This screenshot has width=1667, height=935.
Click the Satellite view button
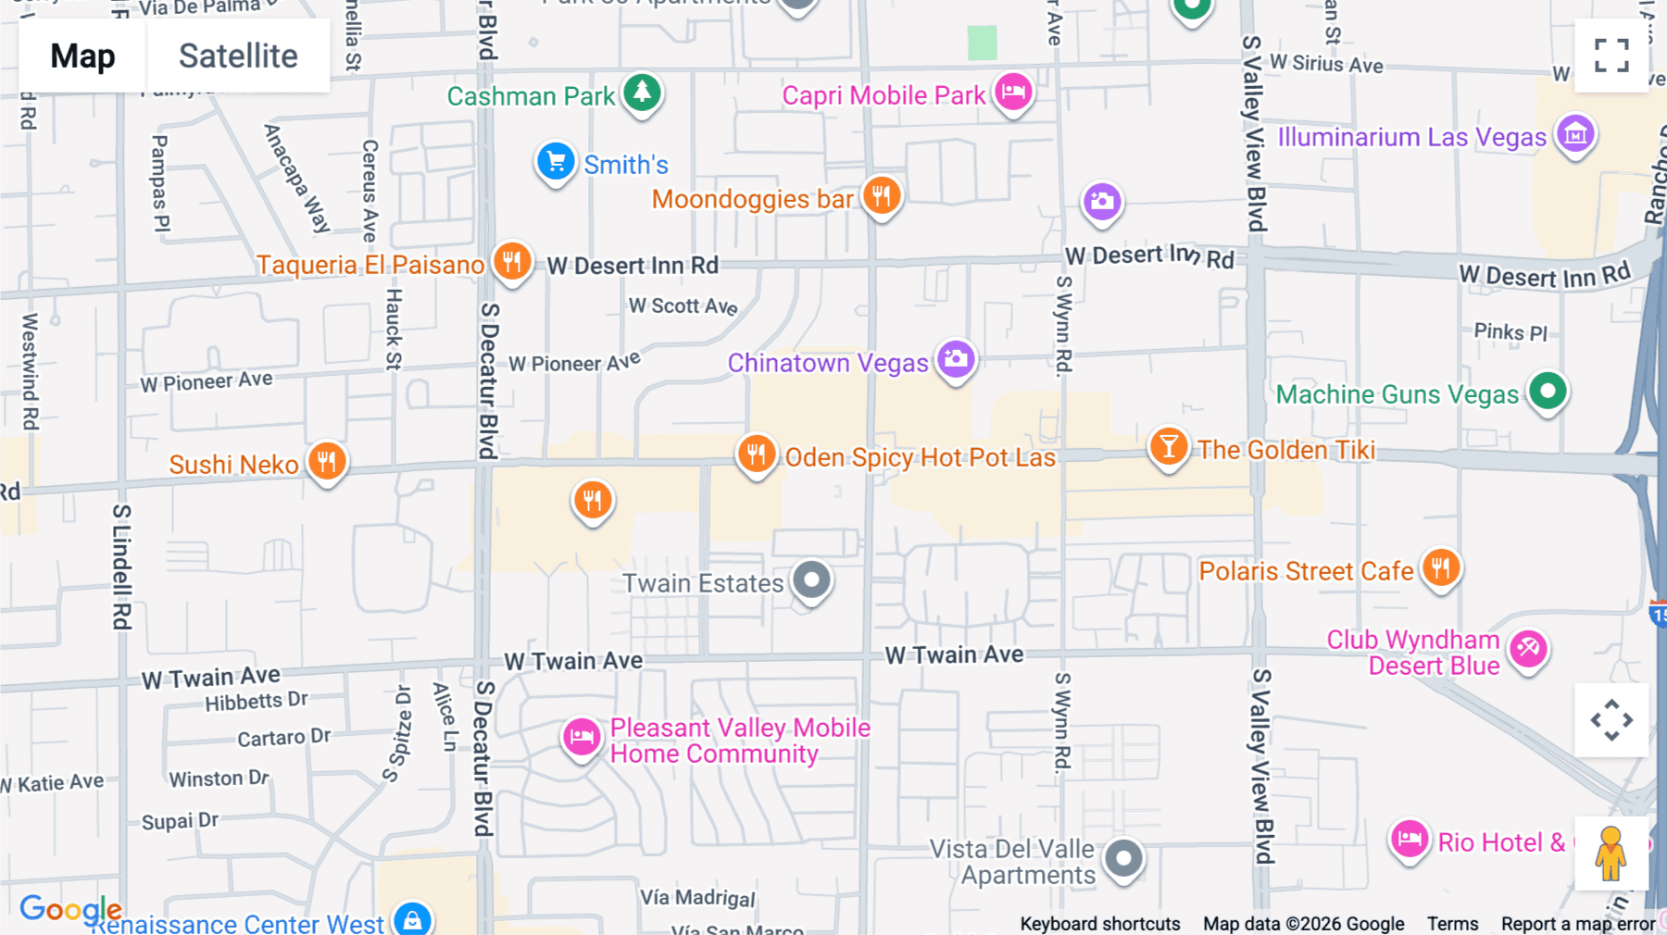238,56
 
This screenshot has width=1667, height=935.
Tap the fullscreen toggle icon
1611,56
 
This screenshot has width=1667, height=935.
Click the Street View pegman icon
1611,853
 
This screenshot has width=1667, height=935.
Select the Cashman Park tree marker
642,93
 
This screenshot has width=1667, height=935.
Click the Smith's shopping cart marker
556,162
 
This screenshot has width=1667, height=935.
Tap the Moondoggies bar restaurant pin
882,195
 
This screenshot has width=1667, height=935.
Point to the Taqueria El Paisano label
370,265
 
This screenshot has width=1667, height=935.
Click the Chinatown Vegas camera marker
956,359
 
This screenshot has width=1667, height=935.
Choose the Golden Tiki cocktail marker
1169,447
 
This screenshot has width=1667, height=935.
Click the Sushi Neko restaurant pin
327,460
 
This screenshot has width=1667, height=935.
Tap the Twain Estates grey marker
812,580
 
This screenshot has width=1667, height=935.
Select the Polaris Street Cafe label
1306,571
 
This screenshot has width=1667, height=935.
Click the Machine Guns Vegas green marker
1548,391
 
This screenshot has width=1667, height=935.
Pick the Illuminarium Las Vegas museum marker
1575,134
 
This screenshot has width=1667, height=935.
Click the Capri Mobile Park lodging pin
1013,92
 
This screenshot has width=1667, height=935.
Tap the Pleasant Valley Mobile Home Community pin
582,738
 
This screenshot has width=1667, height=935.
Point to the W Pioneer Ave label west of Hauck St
207,380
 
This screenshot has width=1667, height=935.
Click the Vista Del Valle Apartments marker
1124,858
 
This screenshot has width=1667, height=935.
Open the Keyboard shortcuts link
1100,924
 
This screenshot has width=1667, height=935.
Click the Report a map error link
1578,924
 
